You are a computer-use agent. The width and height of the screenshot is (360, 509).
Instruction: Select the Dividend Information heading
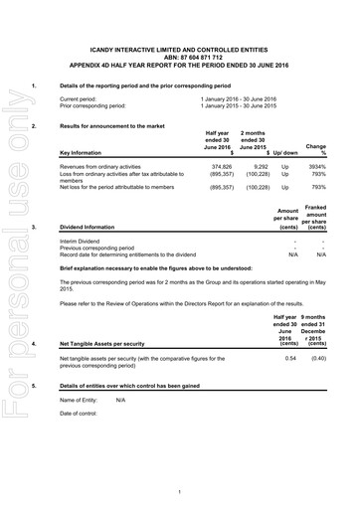click(x=89, y=227)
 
